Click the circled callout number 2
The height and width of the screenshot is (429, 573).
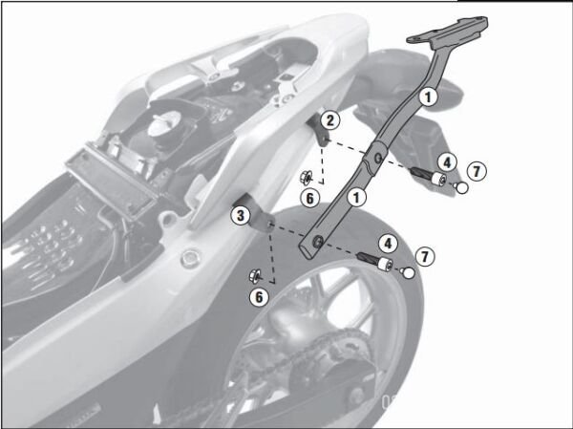(x=328, y=120)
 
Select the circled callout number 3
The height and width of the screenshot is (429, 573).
(x=241, y=215)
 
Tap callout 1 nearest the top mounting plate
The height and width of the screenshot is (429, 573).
(x=429, y=95)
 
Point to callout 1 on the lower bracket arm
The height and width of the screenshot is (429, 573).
(x=356, y=197)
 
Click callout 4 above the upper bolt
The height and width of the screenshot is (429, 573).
(x=446, y=161)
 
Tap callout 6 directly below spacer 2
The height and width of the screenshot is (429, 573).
(x=308, y=197)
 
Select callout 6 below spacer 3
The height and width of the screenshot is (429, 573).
(x=259, y=297)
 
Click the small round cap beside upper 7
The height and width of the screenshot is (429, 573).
(x=461, y=188)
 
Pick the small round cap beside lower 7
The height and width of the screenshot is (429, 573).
(x=408, y=274)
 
